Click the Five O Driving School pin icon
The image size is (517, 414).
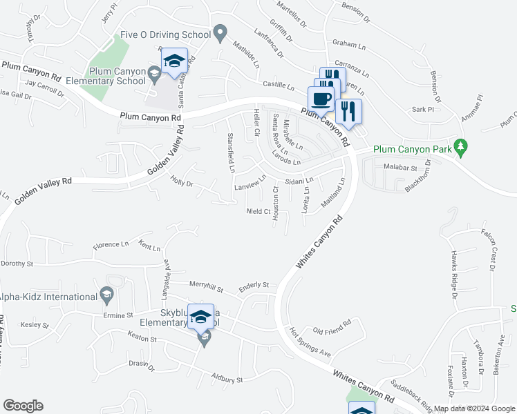point(220,32)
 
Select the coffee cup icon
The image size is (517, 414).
point(321,99)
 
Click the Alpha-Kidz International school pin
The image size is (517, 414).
point(106,297)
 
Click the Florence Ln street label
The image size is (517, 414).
point(111,244)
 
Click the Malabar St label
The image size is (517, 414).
point(401,168)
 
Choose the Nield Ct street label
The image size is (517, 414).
point(257,211)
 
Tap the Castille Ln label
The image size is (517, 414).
point(279,88)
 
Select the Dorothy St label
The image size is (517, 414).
point(17,264)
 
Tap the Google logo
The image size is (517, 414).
point(23,406)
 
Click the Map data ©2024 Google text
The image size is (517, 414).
point(473,408)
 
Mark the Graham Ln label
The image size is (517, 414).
point(348,43)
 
